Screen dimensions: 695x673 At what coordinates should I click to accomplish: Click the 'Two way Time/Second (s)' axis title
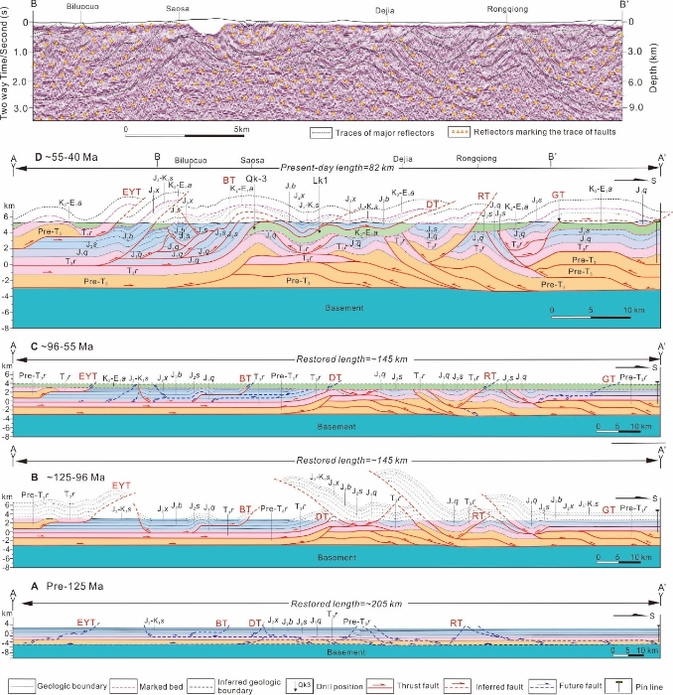tap(8, 60)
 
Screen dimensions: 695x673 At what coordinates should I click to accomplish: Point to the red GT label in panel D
tap(558, 195)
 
